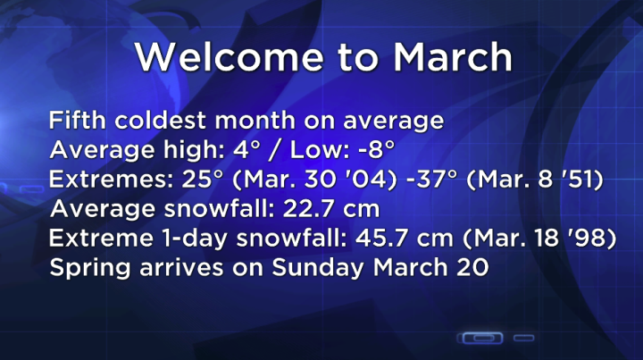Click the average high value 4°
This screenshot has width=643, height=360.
click(213, 149)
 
